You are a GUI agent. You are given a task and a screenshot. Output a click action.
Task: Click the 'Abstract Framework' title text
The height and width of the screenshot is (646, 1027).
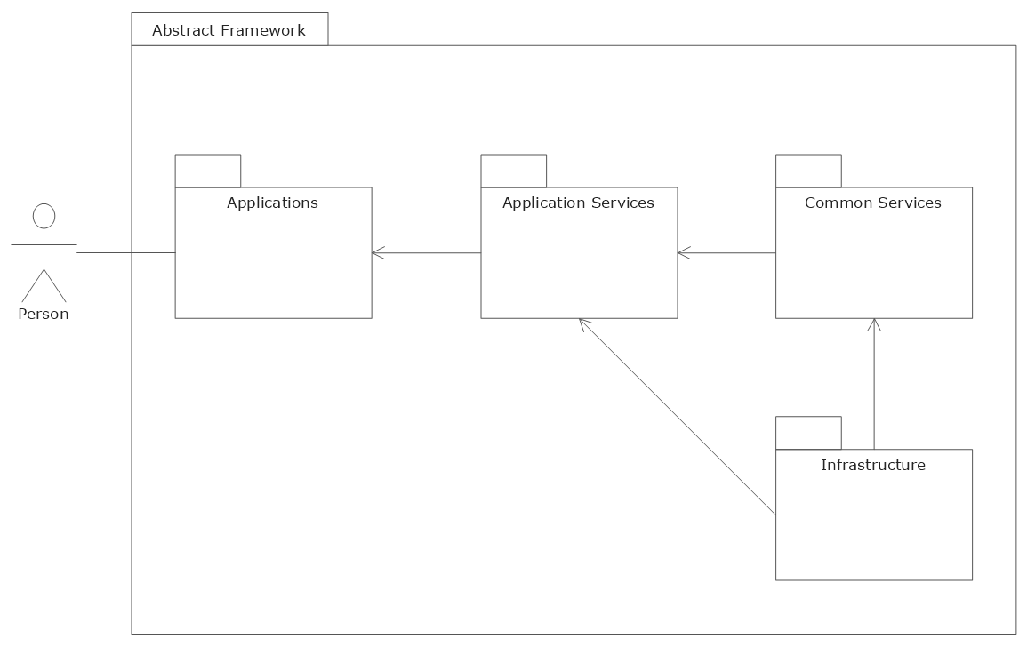(229, 30)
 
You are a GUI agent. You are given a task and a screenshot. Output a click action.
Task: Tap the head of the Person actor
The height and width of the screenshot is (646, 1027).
(44, 216)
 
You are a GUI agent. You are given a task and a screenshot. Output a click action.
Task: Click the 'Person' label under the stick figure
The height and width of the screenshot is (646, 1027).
(44, 314)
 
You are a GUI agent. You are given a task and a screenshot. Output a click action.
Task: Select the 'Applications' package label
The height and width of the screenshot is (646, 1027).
(272, 203)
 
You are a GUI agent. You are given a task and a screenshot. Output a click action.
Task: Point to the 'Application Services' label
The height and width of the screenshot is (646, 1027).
(578, 203)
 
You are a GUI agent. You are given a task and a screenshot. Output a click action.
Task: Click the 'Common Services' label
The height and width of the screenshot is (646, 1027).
(872, 203)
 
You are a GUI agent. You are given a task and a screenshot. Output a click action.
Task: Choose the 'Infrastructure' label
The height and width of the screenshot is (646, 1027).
(872, 465)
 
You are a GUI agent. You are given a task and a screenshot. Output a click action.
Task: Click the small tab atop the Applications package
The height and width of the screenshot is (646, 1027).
(208, 171)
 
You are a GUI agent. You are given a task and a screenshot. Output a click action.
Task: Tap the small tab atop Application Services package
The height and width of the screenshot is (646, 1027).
(513, 171)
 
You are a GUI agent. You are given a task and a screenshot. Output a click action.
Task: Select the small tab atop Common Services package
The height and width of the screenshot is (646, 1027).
(808, 171)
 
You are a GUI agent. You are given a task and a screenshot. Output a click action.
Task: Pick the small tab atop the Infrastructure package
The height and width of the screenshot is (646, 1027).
(808, 433)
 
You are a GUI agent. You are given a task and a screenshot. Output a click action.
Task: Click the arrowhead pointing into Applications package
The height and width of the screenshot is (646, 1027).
(377, 253)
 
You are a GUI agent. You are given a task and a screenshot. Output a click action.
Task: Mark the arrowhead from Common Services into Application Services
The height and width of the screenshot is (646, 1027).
(683, 253)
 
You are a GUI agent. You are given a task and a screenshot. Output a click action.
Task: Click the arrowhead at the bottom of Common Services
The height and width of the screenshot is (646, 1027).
(874, 323)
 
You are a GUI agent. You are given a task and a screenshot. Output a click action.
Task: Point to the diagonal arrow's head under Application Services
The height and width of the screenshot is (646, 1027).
(582, 323)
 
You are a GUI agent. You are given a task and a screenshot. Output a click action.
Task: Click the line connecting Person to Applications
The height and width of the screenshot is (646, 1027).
(125, 253)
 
